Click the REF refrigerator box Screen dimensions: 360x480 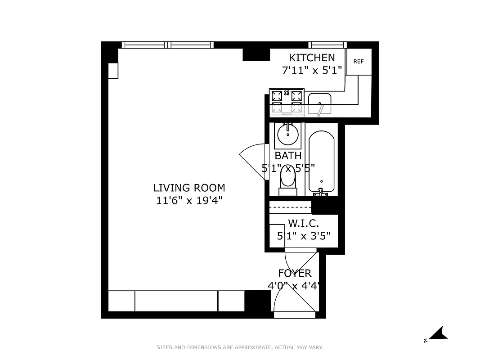click(x=359, y=62)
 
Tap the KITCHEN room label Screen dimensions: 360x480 click(x=312, y=58)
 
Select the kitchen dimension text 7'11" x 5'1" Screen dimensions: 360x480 click(x=312, y=70)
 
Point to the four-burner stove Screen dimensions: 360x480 click(x=287, y=102)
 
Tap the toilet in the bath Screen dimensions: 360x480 click(x=287, y=180)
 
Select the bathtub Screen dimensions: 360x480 click(x=321, y=162)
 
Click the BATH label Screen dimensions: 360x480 click(x=288, y=156)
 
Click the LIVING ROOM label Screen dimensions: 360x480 click(x=189, y=188)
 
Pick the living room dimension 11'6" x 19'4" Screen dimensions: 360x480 click(x=189, y=200)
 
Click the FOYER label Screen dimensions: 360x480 click(x=295, y=273)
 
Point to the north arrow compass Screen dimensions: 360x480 click(x=437, y=333)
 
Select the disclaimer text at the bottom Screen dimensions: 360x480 click(x=240, y=347)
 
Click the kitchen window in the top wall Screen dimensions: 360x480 click(x=327, y=45)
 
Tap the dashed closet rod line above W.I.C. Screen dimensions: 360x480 click(x=290, y=207)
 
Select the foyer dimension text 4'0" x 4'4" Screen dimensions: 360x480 click(x=295, y=285)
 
